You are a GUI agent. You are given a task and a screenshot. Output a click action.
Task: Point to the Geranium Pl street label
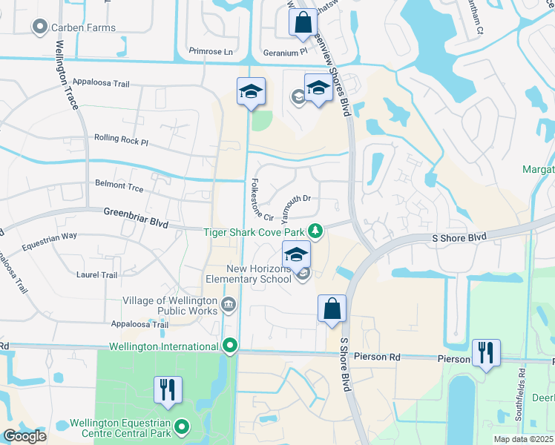[284, 53]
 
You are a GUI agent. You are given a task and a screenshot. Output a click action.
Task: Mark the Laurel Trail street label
[96, 274]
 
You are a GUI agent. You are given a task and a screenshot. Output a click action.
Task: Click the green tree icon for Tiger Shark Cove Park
[315, 231]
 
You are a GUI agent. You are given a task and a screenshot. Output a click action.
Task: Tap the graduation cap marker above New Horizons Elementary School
[296, 254]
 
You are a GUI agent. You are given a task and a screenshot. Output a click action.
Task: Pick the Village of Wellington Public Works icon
[228, 305]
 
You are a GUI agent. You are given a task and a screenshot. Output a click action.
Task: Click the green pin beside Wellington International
[230, 346]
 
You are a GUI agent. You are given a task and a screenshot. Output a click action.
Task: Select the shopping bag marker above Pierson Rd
[332, 308]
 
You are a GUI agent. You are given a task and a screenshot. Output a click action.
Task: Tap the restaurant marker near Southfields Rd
[486, 352]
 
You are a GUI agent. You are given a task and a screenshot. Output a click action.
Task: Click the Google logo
[24, 436]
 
